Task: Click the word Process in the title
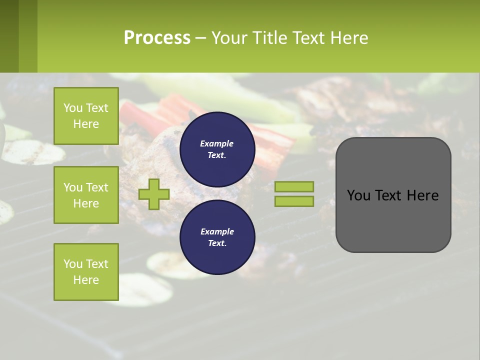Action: tap(157, 38)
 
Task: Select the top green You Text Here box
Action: tap(86, 116)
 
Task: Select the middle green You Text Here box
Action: tap(86, 195)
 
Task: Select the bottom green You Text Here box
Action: tap(86, 271)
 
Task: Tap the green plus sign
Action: tap(154, 194)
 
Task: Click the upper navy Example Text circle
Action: tap(217, 149)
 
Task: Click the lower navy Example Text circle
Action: tap(217, 237)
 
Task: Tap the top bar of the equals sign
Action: tap(294, 186)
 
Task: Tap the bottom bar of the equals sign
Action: tap(294, 201)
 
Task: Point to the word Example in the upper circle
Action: tap(217, 143)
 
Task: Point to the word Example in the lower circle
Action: tap(217, 231)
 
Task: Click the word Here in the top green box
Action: tap(86, 124)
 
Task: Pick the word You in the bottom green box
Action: tap(73, 263)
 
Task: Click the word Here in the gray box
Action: tap(423, 195)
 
